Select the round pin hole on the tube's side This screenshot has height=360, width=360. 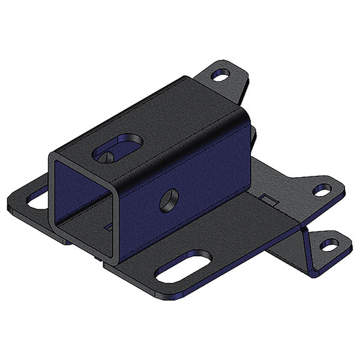169,200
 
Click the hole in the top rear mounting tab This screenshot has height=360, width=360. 220,76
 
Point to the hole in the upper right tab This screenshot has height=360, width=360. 322,190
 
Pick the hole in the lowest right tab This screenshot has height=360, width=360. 329,245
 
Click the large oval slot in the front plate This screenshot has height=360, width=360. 183,266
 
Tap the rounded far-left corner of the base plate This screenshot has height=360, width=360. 11,204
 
